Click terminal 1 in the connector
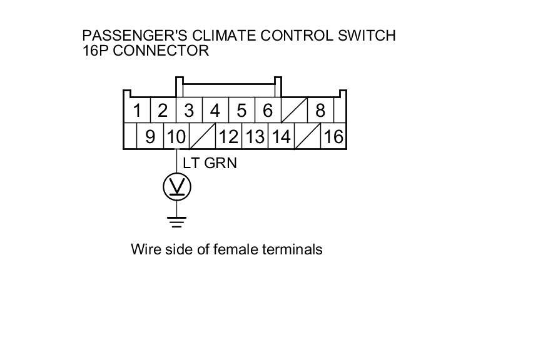click(137, 111)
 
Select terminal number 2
click(163, 111)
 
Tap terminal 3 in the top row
click(189, 111)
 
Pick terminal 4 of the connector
click(215, 111)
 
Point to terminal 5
click(241, 111)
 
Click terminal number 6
click(268, 111)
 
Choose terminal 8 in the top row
click(320, 111)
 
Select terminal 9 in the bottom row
click(150, 137)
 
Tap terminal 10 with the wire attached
click(176, 137)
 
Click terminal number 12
click(228, 137)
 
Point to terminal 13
click(255, 137)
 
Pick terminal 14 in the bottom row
click(281, 137)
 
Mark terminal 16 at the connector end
click(333, 137)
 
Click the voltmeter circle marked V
click(177, 187)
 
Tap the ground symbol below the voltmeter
click(177, 221)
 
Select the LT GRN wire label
click(210, 164)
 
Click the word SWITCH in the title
click(367, 36)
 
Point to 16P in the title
click(96, 51)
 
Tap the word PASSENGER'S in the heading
click(123, 36)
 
